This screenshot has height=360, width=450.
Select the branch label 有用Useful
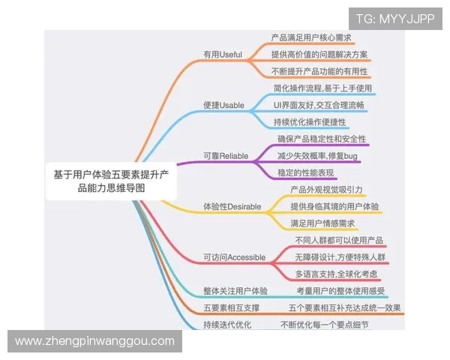coord(223,55)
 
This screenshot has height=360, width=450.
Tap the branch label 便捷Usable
coord(223,105)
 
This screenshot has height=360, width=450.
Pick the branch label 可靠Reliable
coord(226,156)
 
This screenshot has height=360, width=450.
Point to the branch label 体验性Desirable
coord(232,205)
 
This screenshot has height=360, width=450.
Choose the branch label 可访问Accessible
coord(235,257)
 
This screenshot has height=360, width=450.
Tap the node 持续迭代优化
coord(227,325)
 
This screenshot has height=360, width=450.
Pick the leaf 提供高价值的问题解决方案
coord(319,55)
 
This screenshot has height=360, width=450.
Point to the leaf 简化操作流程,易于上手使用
coord(322,88)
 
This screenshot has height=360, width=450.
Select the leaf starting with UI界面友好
coord(319,105)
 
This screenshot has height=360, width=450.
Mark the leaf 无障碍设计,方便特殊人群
coord(340,257)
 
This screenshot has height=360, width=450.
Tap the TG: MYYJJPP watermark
coord(395,18)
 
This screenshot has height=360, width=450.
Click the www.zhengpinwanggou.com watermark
coord(95,341)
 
